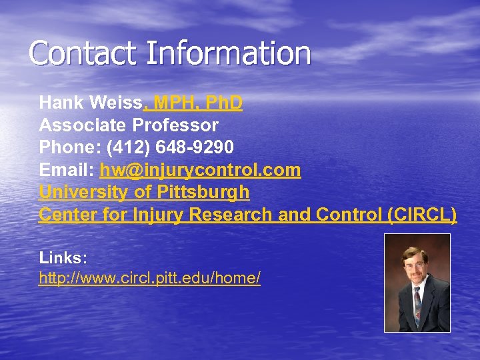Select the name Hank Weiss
click(x=91, y=103)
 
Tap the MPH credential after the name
click(x=175, y=103)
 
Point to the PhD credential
click(x=224, y=103)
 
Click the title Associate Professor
click(x=129, y=125)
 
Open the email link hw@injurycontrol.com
click(x=200, y=170)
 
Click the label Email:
click(x=67, y=170)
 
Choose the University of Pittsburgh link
click(x=144, y=193)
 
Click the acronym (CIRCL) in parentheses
click(x=421, y=215)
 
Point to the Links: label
click(x=63, y=257)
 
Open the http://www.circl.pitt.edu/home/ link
click(x=149, y=278)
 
